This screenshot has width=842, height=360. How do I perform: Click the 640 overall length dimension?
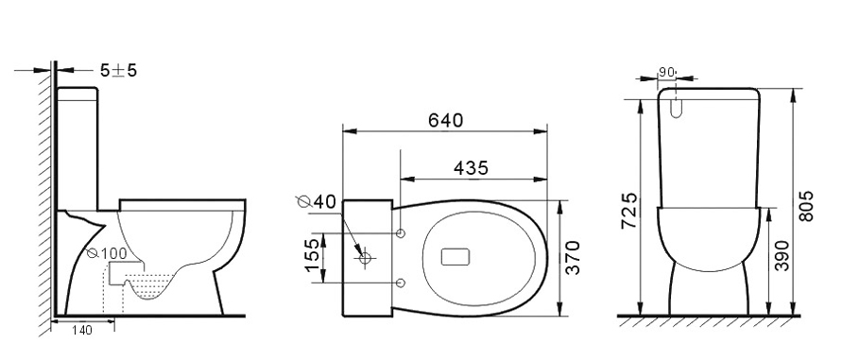(445, 120)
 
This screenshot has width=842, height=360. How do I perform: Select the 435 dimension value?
(471, 168)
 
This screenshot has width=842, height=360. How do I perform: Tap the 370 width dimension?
(573, 258)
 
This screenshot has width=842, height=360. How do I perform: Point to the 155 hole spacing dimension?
(313, 255)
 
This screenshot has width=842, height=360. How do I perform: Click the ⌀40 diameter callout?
(316, 201)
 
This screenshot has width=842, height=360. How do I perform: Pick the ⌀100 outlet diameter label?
(107, 253)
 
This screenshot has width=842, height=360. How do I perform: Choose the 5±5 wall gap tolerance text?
(118, 70)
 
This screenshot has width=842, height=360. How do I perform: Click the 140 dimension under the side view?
(81, 331)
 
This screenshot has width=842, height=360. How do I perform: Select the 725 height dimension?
(628, 211)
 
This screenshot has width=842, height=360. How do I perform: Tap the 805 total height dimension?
(806, 206)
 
